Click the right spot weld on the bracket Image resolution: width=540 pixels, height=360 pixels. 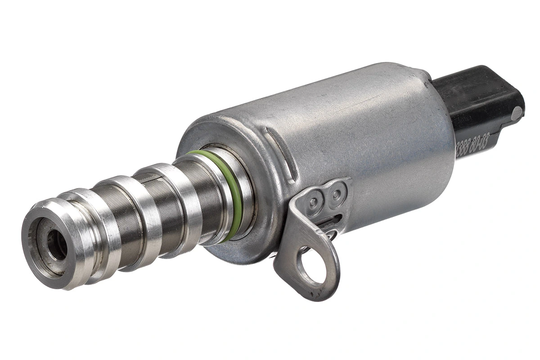click(336, 194)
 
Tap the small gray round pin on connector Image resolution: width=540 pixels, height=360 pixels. click(517, 113)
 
